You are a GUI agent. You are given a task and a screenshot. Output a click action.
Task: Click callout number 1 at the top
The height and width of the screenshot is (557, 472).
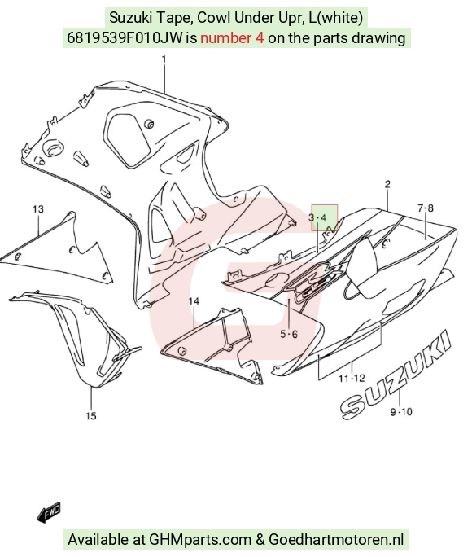(164, 59)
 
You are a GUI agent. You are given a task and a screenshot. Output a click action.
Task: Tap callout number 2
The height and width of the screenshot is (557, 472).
(387, 184)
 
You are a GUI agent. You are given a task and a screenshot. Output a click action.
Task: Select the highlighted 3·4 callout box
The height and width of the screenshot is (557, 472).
(325, 217)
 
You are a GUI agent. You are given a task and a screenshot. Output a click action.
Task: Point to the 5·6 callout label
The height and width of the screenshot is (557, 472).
(289, 334)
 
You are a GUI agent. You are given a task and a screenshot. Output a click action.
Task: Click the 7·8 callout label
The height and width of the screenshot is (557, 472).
(425, 208)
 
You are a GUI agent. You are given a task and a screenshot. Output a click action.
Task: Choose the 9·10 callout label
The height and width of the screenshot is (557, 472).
(401, 412)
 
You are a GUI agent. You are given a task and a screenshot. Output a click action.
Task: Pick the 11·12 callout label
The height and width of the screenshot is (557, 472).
(352, 378)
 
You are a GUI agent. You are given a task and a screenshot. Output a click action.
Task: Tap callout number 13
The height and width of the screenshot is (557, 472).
(38, 209)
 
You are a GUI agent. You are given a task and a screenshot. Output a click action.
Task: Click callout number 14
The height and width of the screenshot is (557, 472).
(194, 301)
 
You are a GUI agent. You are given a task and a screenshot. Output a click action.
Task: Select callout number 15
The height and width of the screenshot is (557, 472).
(91, 415)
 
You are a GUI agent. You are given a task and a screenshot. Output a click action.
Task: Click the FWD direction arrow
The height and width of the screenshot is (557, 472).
(49, 512)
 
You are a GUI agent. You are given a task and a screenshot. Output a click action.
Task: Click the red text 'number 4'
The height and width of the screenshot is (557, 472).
(232, 37)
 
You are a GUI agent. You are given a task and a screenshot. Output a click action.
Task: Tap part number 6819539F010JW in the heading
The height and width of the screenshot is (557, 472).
(125, 37)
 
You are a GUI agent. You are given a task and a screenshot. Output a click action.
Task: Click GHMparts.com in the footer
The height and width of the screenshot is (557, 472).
(200, 539)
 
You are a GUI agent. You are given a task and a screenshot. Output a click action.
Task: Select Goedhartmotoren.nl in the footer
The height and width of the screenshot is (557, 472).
(336, 539)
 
